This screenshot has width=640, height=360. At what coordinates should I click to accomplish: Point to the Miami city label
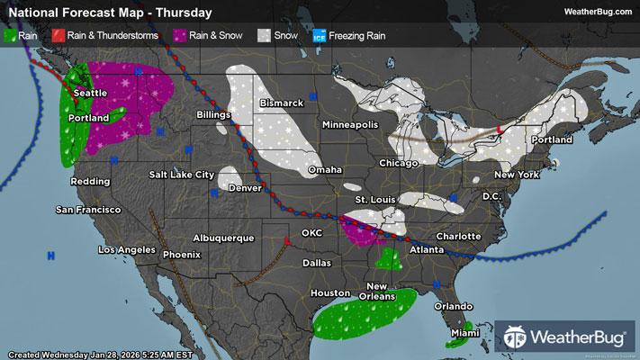[465, 335]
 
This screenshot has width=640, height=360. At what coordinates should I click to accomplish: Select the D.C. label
[491, 195]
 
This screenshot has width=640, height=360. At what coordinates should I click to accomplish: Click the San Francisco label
[88, 210]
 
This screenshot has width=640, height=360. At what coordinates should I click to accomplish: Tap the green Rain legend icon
[10, 36]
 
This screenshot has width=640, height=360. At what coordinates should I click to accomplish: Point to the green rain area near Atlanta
[389, 260]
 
